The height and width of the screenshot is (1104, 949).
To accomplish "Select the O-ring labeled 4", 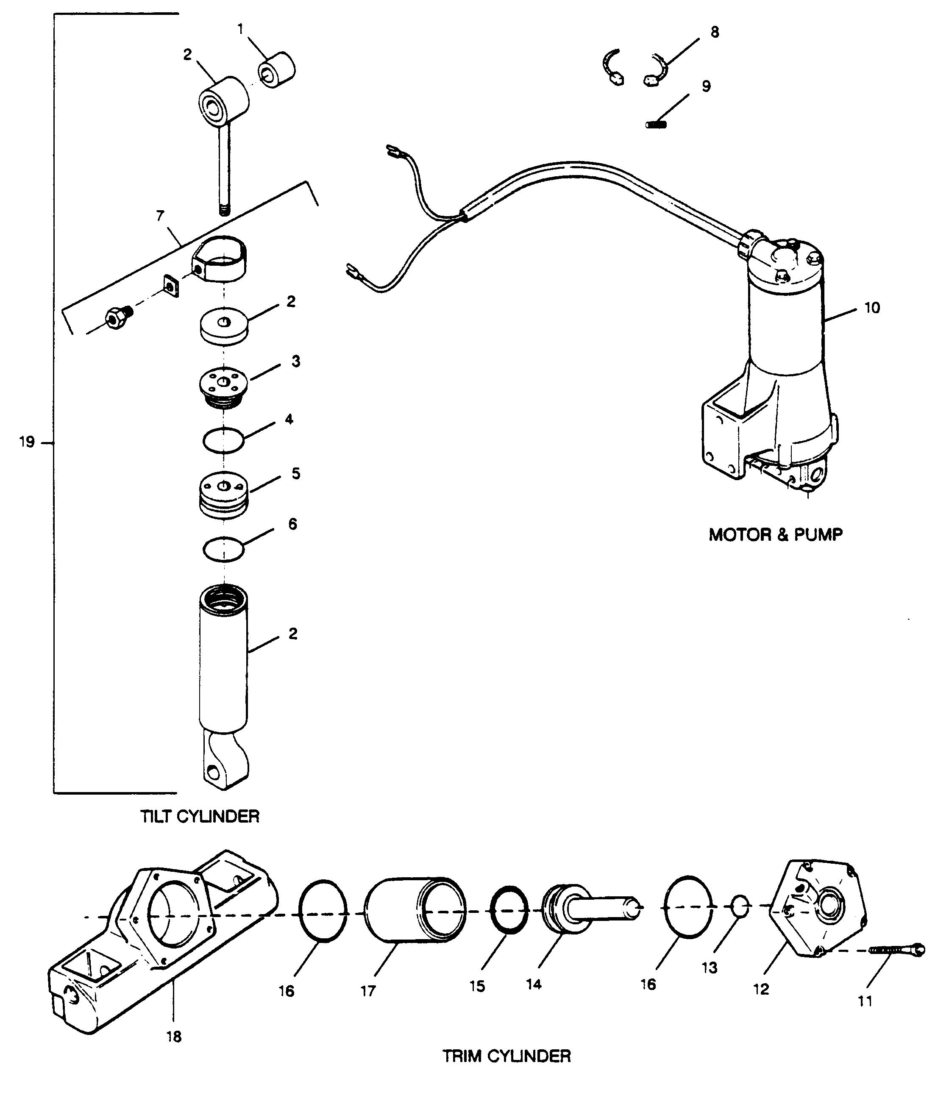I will tap(224, 441).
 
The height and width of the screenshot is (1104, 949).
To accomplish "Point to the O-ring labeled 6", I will tap(224, 549).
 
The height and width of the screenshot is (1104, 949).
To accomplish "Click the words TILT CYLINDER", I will tap(200, 816).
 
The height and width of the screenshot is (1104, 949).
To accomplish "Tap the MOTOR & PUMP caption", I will tap(775, 534).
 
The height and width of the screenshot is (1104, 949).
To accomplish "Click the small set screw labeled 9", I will tap(657, 125).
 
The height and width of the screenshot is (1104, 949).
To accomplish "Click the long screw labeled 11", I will tap(897, 949).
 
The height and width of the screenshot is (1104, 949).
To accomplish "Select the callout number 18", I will tap(174, 1036).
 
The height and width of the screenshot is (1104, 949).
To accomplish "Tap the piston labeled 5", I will tap(224, 495).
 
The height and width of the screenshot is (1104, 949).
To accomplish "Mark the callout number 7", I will tap(160, 216).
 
